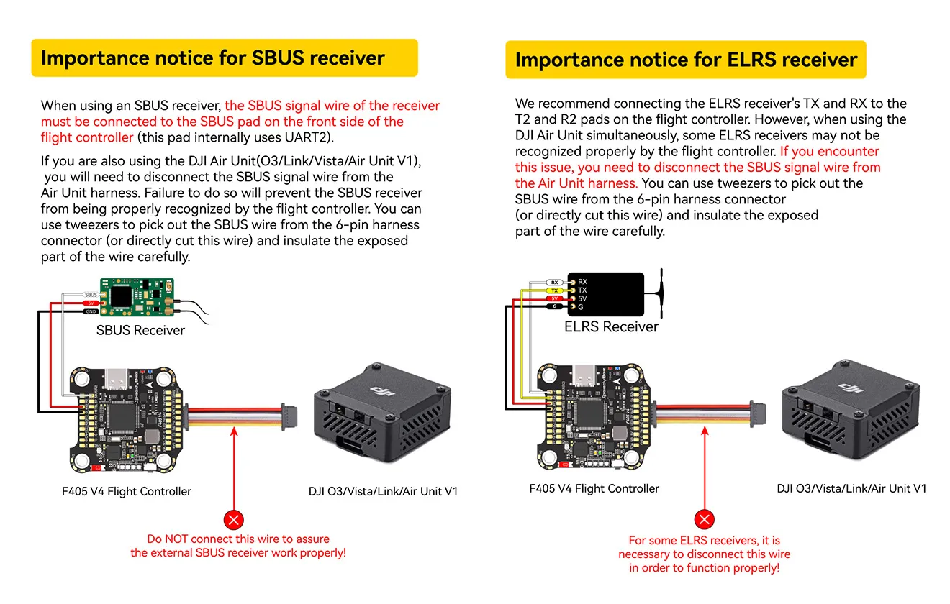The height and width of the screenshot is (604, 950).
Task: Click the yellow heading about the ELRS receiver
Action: (x=685, y=60)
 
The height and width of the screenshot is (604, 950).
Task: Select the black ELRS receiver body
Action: (x=607, y=294)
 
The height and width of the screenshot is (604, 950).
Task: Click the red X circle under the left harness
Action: (x=234, y=520)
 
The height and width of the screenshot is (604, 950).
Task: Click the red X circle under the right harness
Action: (x=705, y=520)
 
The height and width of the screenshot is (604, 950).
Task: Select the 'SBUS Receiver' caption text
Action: (x=140, y=331)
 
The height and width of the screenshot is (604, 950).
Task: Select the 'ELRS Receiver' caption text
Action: (x=611, y=327)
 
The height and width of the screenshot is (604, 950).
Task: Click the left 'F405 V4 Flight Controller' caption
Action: (x=127, y=492)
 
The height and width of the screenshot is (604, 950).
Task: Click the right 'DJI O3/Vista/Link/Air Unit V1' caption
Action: (x=851, y=489)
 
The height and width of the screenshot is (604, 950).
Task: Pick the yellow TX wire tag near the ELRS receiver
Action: (x=554, y=290)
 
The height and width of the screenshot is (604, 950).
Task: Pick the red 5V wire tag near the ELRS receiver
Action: (x=554, y=298)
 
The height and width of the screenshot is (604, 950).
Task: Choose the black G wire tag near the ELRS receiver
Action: (x=554, y=307)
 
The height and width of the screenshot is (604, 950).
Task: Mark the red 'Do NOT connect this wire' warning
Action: (x=237, y=546)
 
